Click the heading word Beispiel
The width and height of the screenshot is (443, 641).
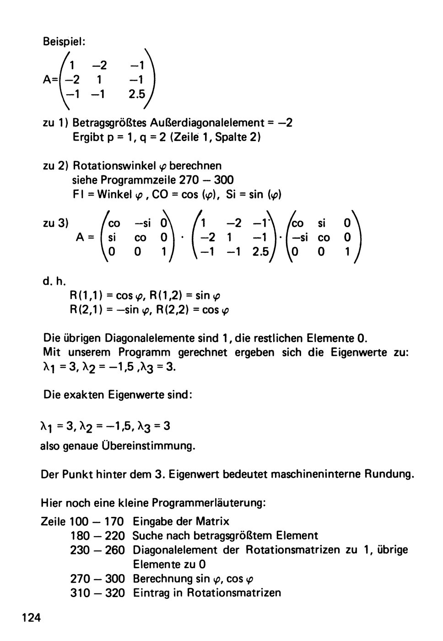coord(64,41)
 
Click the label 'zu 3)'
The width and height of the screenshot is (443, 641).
coord(56,223)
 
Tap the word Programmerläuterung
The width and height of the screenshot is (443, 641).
coord(209,503)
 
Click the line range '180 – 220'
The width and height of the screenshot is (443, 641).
coord(97,535)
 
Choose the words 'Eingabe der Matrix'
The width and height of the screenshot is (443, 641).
coord(181,521)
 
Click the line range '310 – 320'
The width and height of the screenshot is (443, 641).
coord(97,593)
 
